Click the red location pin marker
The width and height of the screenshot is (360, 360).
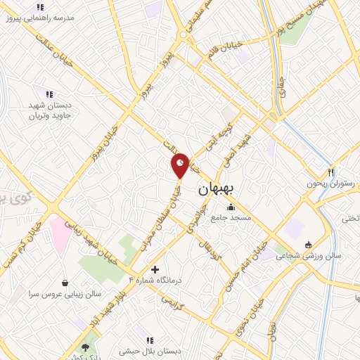(181, 165)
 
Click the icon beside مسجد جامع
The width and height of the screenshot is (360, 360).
(231, 207)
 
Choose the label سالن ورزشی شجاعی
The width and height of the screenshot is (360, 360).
(319, 256)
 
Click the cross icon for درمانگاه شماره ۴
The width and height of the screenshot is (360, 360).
(155, 269)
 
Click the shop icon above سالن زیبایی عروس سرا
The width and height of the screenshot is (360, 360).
(65, 282)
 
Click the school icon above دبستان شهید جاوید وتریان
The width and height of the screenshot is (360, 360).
(49, 94)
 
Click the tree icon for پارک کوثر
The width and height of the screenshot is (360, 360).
(86, 347)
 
